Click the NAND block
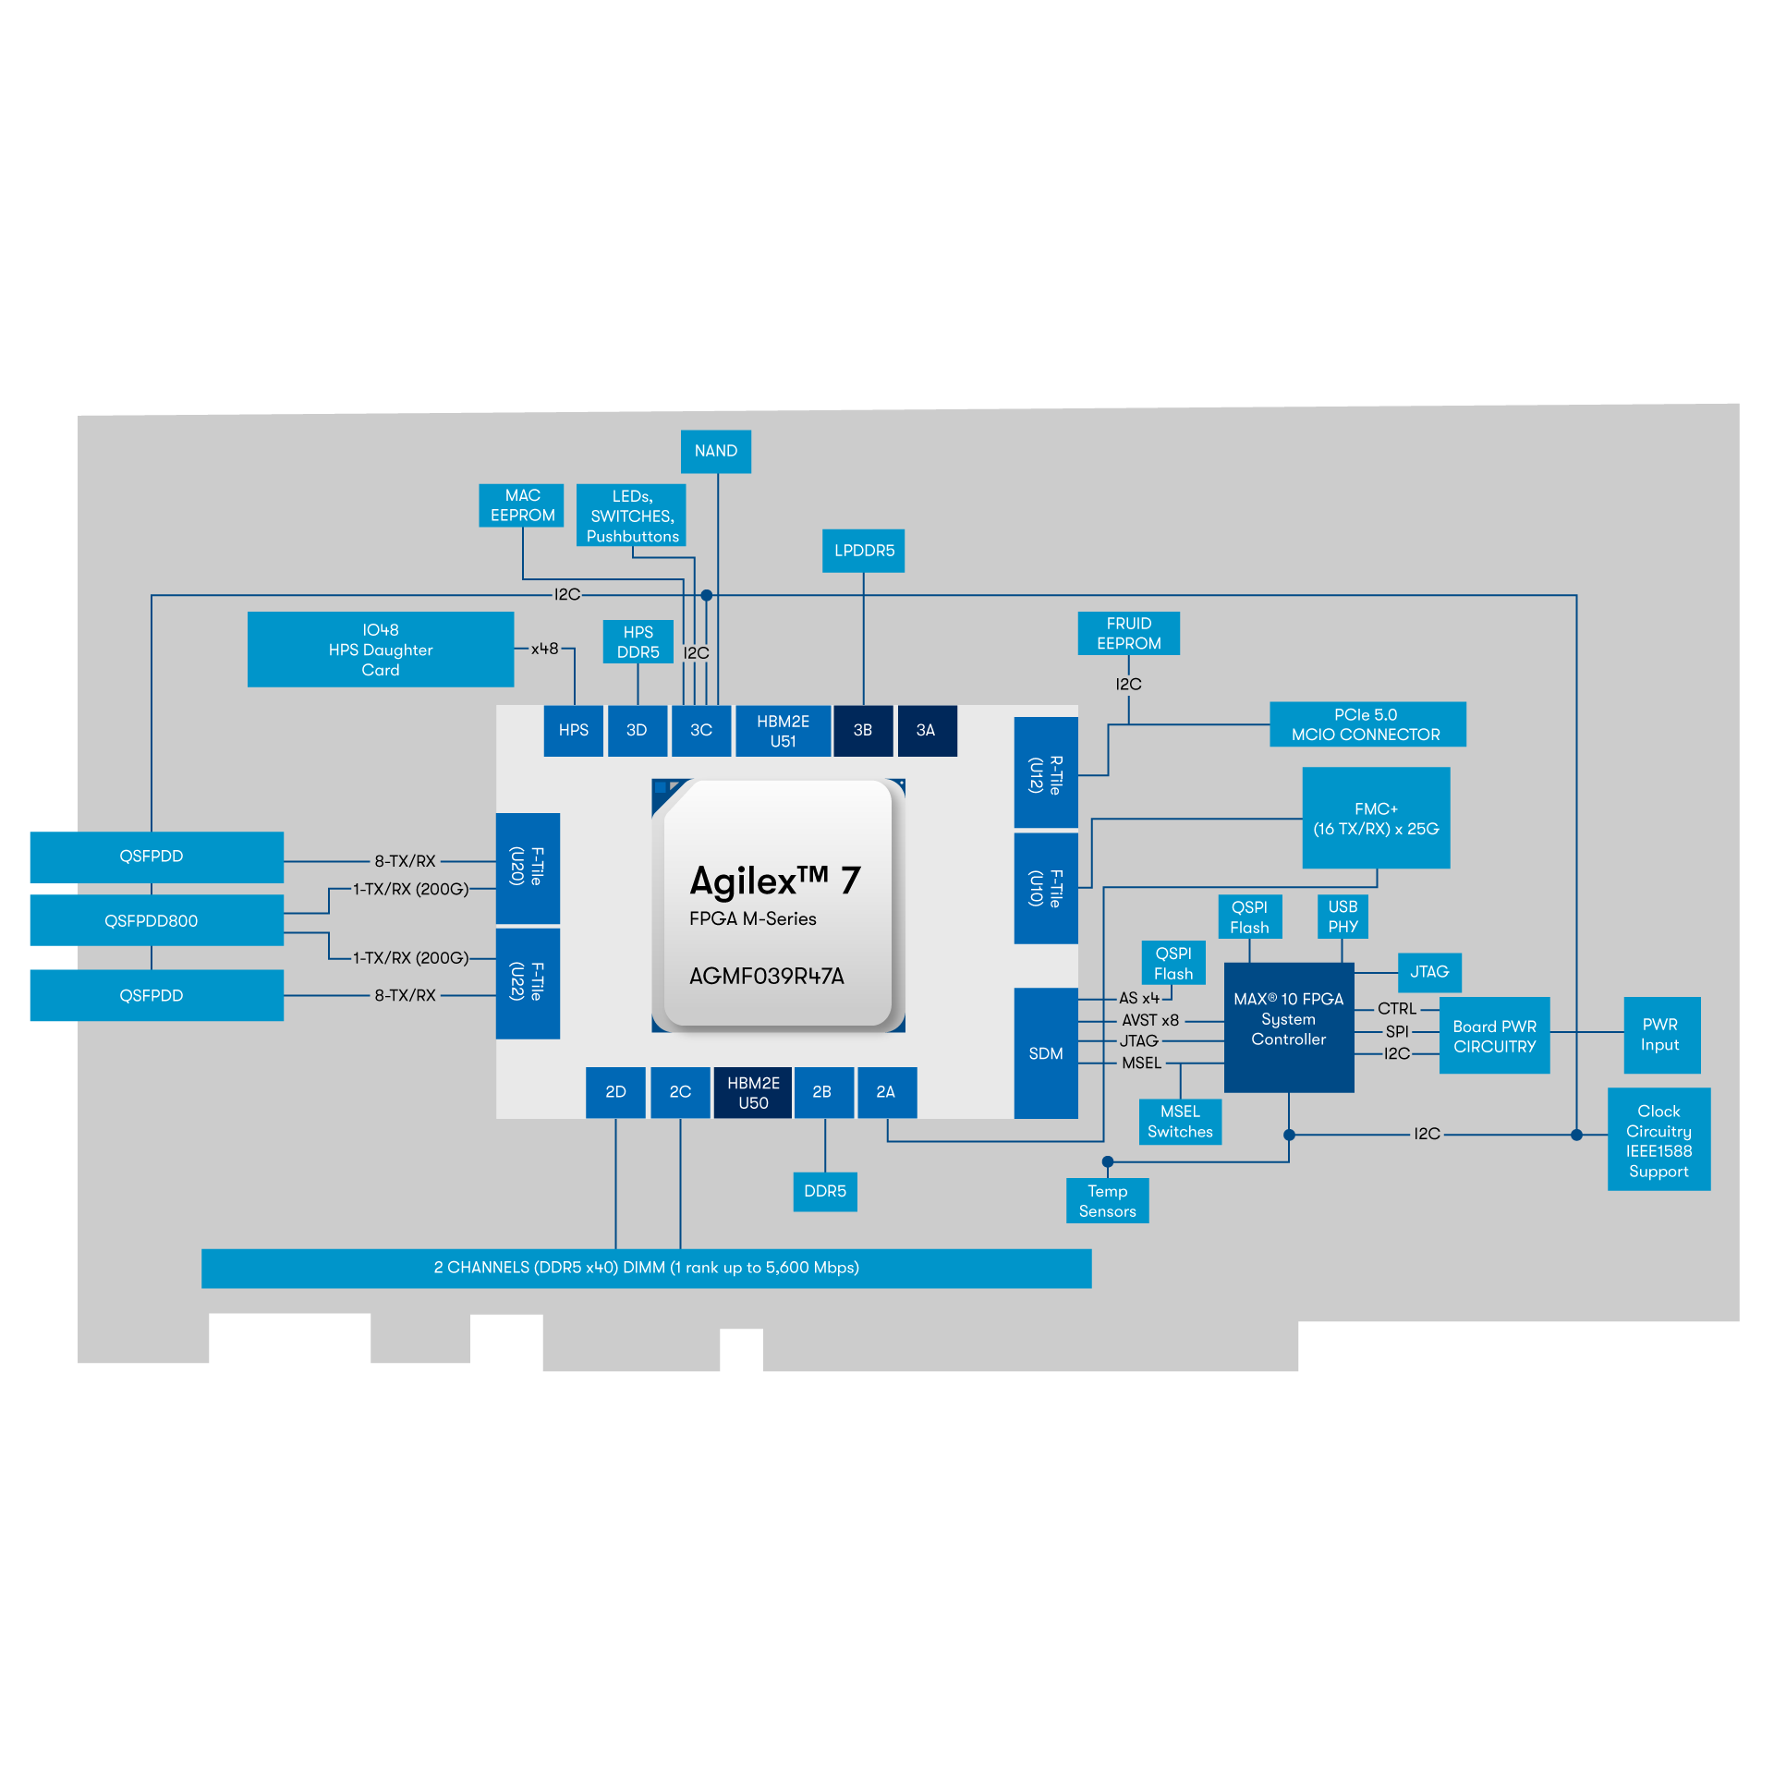(x=715, y=451)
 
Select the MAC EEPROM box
(x=522, y=505)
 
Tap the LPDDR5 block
(x=863, y=551)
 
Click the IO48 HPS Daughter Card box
(x=380, y=650)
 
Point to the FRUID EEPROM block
(x=1128, y=634)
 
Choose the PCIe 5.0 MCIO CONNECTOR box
(x=1367, y=724)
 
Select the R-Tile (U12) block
(x=1046, y=773)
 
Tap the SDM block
(x=1046, y=1053)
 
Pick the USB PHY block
(x=1343, y=917)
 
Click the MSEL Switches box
(x=1180, y=1122)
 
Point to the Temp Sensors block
(x=1107, y=1201)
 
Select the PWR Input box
(x=1661, y=1035)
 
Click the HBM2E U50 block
(x=753, y=1093)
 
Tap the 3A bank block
(x=926, y=730)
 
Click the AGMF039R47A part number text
(x=766, y=977)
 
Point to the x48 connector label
(x=544, y=649)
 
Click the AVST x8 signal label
(x=1150, y=1020)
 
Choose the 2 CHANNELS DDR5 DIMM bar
(x=646, y=1268)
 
